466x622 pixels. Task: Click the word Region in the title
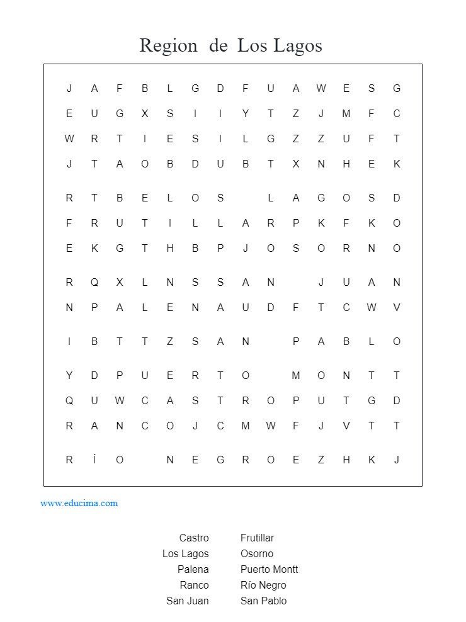168,46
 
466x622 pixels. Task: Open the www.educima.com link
79,503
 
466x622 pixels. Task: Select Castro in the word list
194,538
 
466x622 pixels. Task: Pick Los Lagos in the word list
186,553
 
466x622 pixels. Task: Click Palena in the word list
193,569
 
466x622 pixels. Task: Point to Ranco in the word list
194,585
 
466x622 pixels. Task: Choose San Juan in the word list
188,601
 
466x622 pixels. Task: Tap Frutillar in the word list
257,538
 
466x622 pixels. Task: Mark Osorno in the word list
257,553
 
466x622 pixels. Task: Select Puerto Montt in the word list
269,569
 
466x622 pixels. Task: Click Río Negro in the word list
263,585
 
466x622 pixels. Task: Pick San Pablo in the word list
263,601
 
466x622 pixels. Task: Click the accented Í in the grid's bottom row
94,460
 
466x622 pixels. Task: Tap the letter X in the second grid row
145,114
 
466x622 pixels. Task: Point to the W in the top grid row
321,89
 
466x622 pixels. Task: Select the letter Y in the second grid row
246,114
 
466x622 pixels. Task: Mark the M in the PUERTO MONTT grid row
296,376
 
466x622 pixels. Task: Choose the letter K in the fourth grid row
397,164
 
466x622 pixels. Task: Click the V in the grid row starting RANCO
346,426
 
